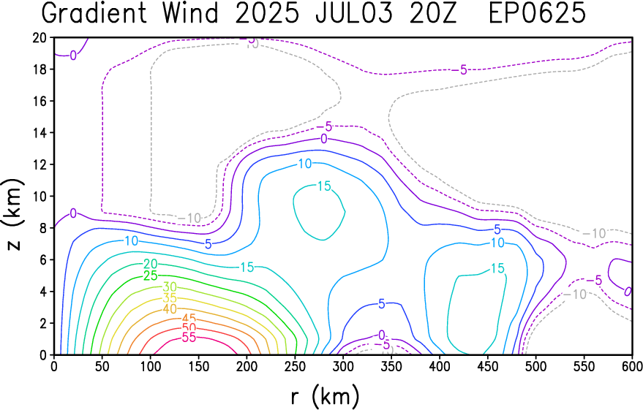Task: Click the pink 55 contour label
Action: coord(189,338)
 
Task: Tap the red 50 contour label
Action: coord(189,328)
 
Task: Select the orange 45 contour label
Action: coord(189,319)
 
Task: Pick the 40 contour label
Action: coord(170,309)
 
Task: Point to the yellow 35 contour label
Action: coord(170,297)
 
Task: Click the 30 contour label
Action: coord(170,286)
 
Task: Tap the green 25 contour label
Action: coord(151,276)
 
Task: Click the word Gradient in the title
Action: coord(94,13)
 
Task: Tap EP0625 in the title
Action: coord(537,13)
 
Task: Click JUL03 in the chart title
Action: coord(354,13)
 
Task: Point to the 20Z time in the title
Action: coord(432,13)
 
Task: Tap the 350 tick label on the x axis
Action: coord(391,366)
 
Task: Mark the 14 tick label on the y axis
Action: coord(40,133)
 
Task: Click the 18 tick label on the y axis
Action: coord(40,69)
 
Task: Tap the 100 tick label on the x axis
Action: coord(151,366)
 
